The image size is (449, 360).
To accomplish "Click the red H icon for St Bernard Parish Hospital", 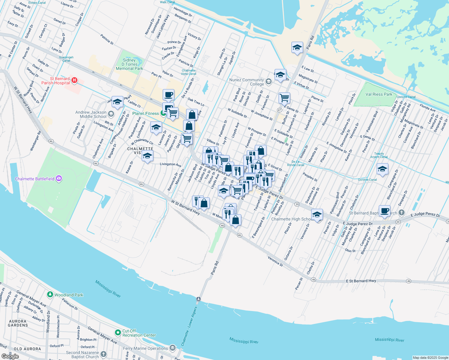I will coord(74,80).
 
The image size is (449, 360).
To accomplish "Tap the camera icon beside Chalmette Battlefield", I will coord(59,179).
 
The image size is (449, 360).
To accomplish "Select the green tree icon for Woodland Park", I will coord(50,295).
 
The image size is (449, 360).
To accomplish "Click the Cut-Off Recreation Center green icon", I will coord(118,333).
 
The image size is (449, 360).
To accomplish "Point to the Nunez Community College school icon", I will coord(268,82).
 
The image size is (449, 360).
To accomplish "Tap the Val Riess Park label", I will coord(379,94).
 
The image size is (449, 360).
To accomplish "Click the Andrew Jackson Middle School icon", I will coord(111,114).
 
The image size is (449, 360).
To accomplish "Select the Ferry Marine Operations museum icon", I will coord(173,348).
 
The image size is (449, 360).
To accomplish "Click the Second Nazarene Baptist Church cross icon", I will coord(104,354).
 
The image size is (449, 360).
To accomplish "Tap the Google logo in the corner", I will coord(10,356).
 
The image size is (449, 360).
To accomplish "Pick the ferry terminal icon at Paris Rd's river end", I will coord(198,299).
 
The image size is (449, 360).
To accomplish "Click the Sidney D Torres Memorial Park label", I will coord(129,64).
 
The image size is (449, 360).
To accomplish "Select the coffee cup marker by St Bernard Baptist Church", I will coord(384,211).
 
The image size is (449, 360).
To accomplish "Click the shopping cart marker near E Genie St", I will coord(284,97).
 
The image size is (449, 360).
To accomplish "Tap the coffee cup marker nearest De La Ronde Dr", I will coord(168,94).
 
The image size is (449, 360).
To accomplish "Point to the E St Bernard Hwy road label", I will coord(361,281).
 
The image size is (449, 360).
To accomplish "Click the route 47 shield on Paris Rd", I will coord(279,110).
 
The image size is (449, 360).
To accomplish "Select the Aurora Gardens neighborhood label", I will coord(18,323).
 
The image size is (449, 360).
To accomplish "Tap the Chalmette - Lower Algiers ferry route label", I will coord(189,326).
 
